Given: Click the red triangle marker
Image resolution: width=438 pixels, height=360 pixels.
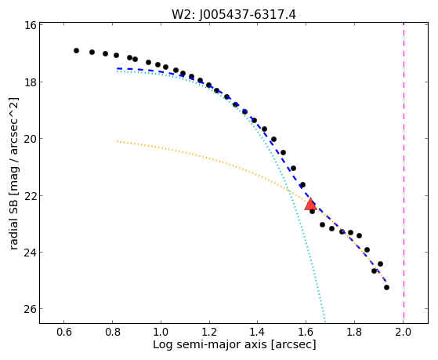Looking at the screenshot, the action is click(x=310, y=204).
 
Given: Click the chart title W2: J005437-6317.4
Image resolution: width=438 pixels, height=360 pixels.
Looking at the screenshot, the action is click(x=233, y=15).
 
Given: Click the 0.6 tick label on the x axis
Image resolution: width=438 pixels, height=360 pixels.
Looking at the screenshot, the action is click(x=64, y=332).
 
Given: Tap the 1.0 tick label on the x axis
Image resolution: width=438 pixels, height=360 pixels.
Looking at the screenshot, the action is click(x=161, y=332).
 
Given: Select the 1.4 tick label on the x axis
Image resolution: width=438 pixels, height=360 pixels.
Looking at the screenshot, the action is click(x=258, y=332).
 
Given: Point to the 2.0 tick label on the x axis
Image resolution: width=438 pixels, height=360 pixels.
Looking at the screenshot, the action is click(x=404, y=332).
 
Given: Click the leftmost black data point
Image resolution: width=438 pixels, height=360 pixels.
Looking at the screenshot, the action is click(x=76, y=51).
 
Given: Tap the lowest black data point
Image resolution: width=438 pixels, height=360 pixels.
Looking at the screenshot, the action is click(x=386, y=287).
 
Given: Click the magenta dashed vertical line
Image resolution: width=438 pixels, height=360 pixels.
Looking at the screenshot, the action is click(x=404, y=171).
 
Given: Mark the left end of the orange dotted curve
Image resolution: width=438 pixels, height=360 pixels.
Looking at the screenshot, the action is click(x=118, y=141).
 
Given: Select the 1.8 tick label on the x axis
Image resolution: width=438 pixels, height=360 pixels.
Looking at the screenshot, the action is click(x=354, y=332).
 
